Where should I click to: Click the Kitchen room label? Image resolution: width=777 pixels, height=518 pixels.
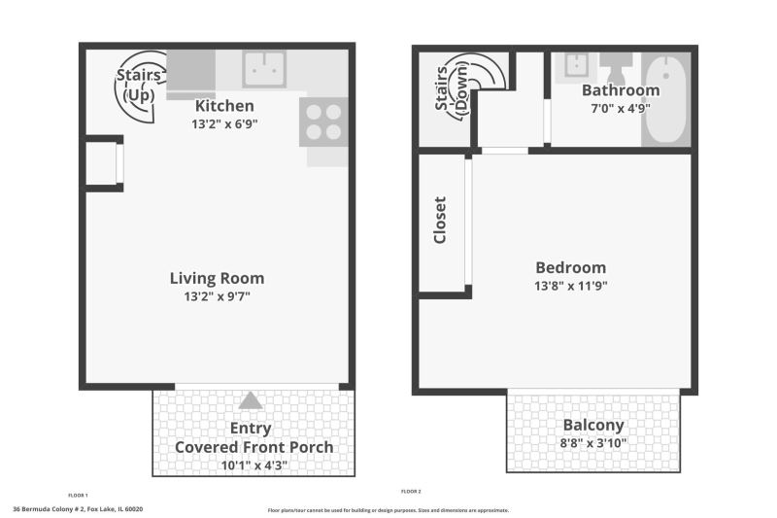click(224, 106)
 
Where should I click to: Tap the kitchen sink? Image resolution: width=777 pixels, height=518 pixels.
click(264, 69)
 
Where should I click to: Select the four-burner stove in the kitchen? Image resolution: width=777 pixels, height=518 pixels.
click(323, 121)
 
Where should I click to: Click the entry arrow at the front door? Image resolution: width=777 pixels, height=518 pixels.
click(251, 400)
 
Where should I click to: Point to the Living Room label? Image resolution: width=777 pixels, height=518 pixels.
click(217, 278)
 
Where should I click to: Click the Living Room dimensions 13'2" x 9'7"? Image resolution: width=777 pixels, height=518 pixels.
click(217, 296)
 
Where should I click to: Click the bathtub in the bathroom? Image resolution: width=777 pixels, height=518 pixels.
click(666, 99)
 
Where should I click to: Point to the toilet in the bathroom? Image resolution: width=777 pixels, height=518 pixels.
click(616, 67)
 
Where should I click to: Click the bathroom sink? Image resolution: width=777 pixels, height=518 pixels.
click(576, 65)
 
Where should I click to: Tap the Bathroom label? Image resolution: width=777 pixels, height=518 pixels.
click(621, 90)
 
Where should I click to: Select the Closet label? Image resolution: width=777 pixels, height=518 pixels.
click(440, 220)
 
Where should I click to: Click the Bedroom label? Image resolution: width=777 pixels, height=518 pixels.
click(571, 267)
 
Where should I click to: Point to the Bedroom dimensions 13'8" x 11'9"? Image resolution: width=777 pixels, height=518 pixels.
click(571, 286)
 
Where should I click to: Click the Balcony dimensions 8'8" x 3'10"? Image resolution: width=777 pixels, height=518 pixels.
click(593, 442)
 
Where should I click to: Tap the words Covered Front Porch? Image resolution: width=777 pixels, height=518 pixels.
click(254, 447)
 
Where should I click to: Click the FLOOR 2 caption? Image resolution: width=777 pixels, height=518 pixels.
click(411, 492)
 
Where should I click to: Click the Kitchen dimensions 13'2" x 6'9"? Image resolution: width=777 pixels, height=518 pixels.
click(224, 124)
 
